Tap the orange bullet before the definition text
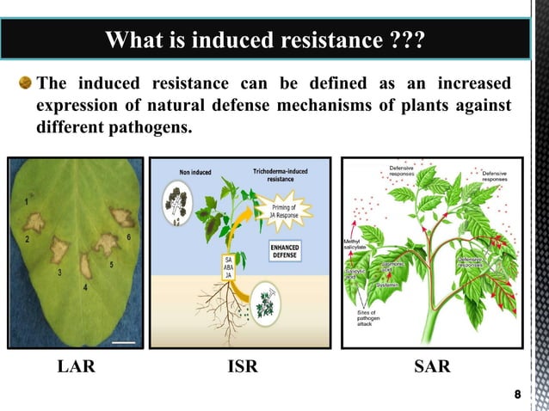[26, 83]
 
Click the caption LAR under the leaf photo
[76, 368]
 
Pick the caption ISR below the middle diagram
[242, 368]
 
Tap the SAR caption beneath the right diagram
[432, 368]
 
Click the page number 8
[516, 395]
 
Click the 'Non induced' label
[196, 172]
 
